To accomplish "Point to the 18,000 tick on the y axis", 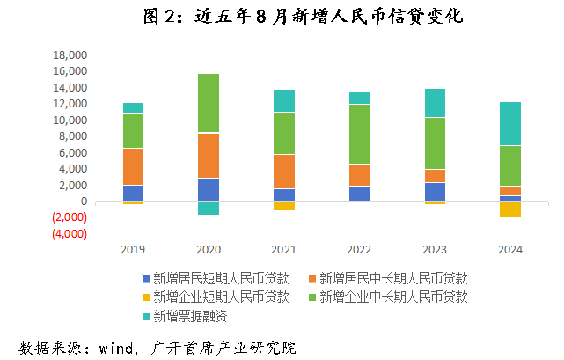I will point(70,55).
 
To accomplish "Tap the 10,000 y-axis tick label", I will point(70,121).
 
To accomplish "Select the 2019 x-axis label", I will point(133,250).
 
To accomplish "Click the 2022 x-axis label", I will point(359,250).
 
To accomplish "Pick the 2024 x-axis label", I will point(509,250).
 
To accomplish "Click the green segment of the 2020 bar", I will point(209,102).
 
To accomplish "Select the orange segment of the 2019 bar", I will point(133,166).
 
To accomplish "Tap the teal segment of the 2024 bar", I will point(510,123).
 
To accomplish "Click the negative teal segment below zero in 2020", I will point(209,208).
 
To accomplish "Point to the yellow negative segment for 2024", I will point(510,209).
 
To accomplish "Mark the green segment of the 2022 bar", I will point(359,134).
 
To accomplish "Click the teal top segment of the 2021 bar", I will point(284,100).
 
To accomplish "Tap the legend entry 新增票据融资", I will point(184,315).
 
